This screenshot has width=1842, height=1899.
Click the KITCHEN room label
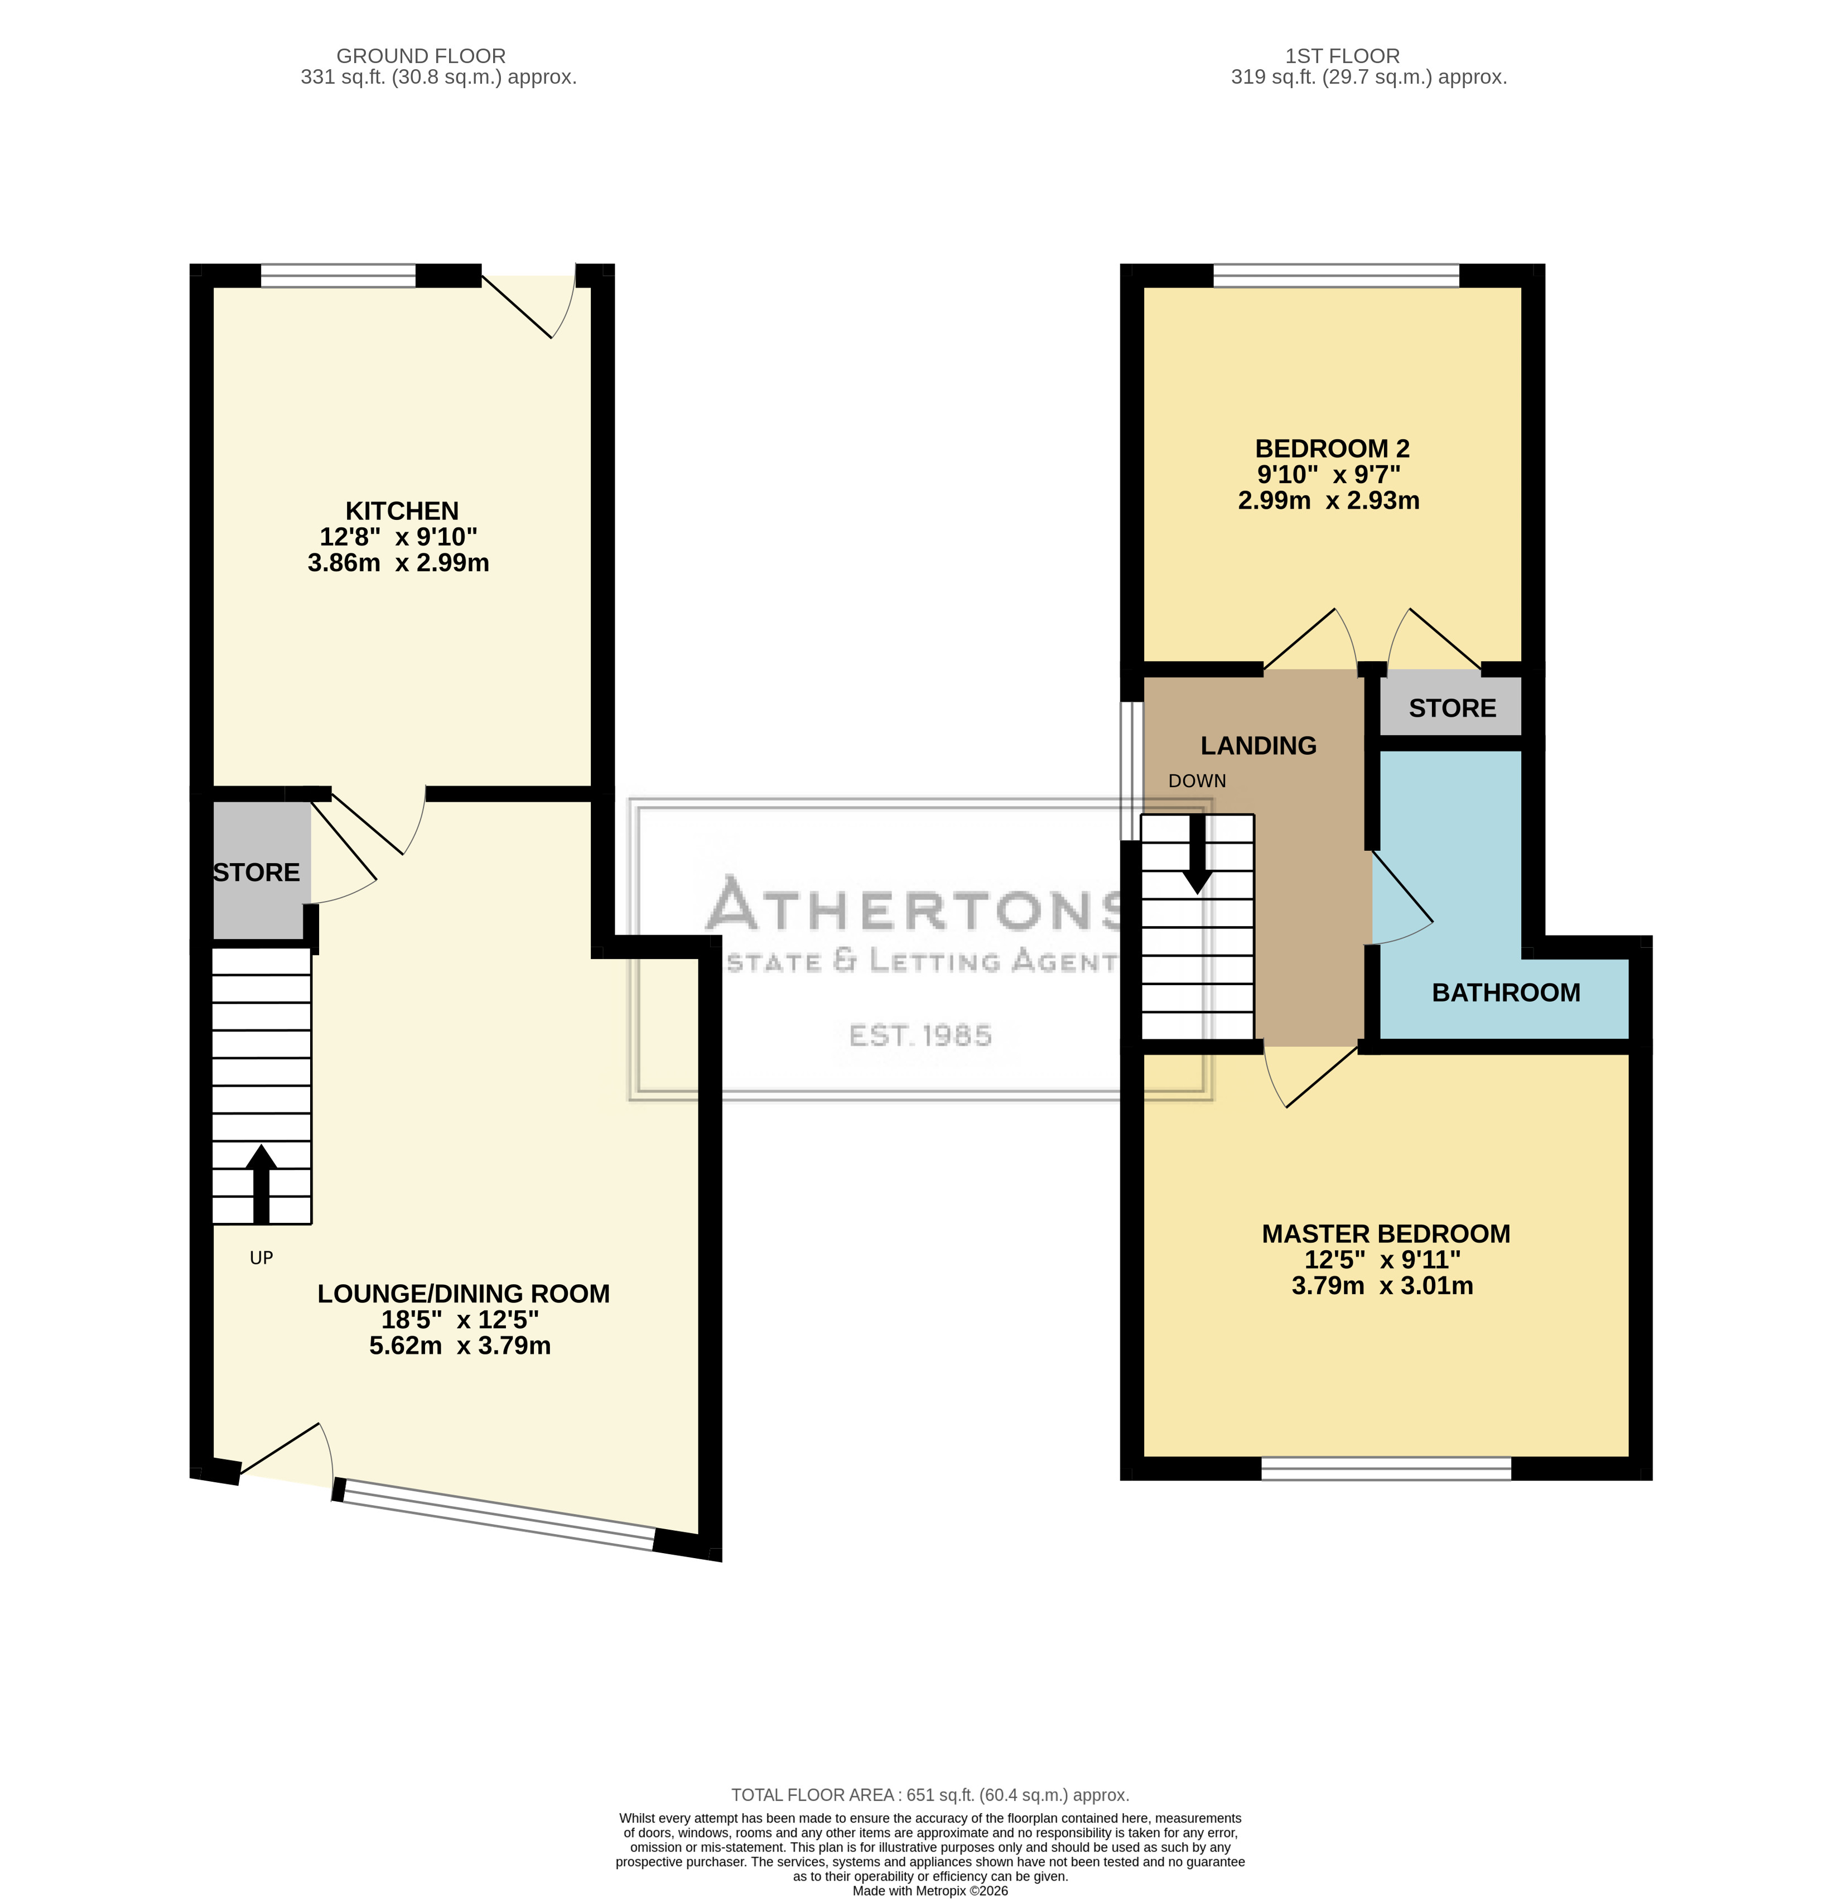tap(402, 510)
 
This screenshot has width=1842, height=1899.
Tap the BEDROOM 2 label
tap(1332, 449)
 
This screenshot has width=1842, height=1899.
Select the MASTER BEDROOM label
tap(1386, 1233)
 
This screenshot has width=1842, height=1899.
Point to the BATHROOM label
tap(1506, 992)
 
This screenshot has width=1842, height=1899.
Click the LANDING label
tap(1258, 745)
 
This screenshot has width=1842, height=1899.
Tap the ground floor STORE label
tap(257, 872)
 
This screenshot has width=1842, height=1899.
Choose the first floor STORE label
tap(1453, 708)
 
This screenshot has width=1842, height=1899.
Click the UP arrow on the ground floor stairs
tap(261, 1184)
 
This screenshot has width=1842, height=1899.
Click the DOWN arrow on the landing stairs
tap(1198, 854)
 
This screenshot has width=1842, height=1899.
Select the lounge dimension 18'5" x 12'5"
tap(460, 1319)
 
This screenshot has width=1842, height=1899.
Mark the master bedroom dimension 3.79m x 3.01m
tap(1383, 1286)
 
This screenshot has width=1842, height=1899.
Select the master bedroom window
tap(1386, 1469)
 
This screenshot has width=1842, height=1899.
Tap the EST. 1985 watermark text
tap(920, 1036)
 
